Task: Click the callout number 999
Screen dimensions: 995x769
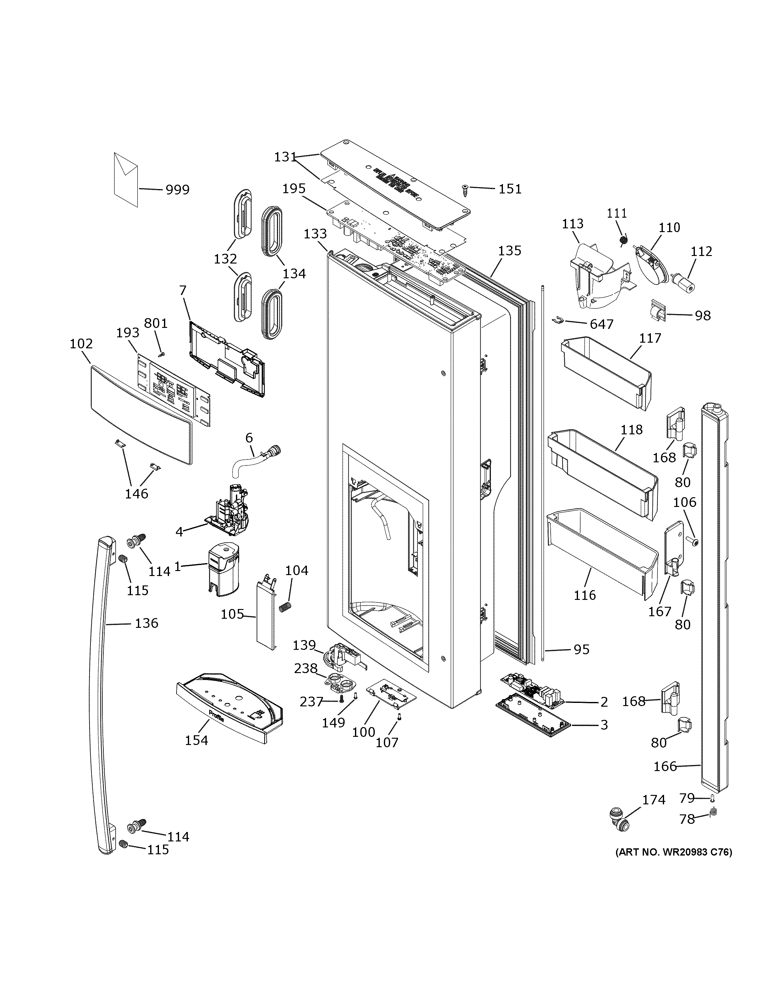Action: (177, 189)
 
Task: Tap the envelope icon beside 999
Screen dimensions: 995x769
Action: (126, 179)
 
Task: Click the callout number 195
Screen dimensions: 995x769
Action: (293, 189)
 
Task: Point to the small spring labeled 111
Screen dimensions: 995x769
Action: (624, 239)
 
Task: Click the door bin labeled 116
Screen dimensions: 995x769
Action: (601, 547)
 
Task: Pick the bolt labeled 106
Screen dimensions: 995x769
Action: (693, 541)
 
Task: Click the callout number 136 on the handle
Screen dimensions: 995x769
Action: (146, 623)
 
